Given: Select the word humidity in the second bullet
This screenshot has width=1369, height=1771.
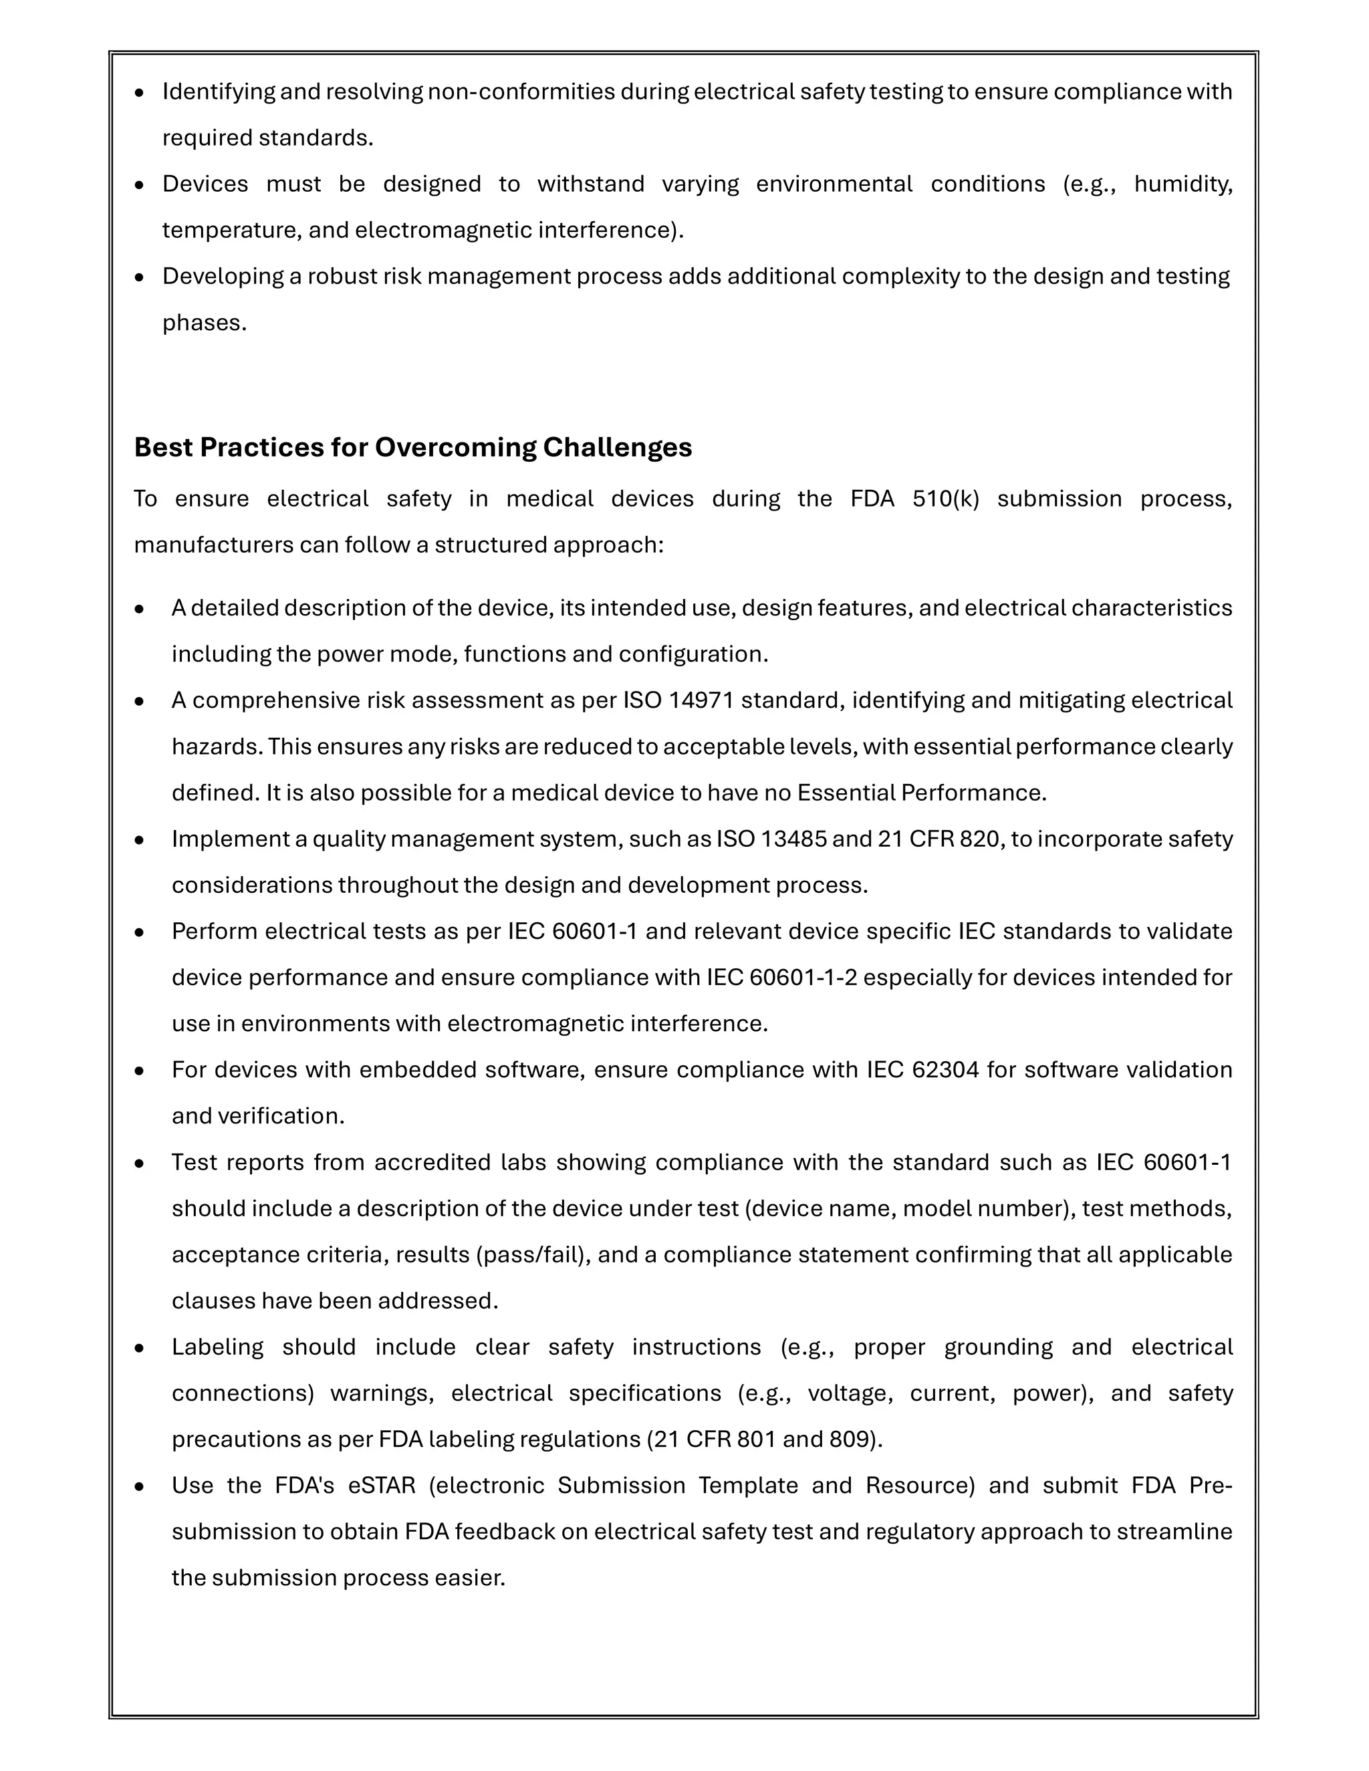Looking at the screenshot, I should pos(1183,184).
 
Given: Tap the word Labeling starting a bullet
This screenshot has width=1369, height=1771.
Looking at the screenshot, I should pos(217,1348).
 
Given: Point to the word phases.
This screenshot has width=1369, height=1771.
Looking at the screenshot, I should pos(204,323).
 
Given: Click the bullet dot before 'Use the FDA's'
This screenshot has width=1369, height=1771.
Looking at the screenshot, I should pos(140,1487).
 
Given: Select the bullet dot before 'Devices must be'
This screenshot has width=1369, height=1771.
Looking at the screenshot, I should pos(140,185).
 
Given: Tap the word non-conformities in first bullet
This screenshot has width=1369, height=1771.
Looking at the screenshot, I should pos(521,92).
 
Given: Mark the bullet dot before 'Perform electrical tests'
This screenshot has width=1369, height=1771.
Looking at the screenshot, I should pos(140,932).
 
